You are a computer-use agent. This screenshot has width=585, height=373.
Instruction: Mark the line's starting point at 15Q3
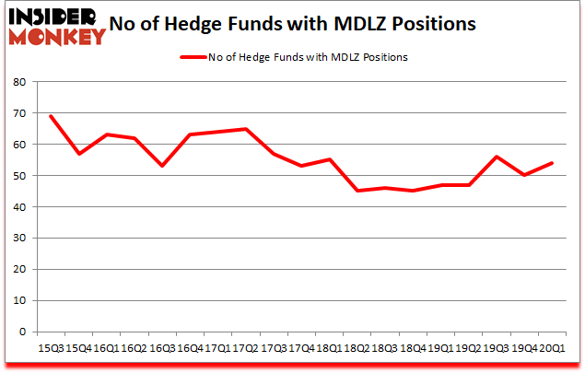[x=51, y=116]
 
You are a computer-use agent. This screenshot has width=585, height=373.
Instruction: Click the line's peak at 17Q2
[x=245, y=129]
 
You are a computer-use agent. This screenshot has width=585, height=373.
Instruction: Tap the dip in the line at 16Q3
[x=161, y=166]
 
